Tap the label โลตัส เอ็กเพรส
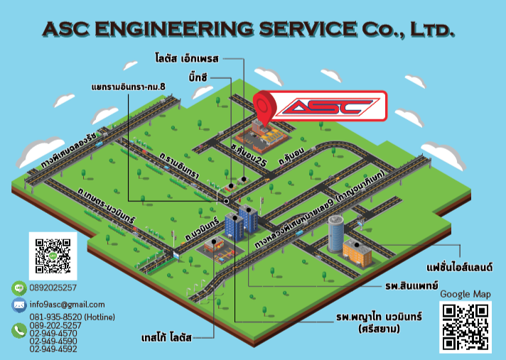point(188,56)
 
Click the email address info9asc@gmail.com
point(67,305)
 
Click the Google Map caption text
point(465,294)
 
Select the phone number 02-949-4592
point(54,349)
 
